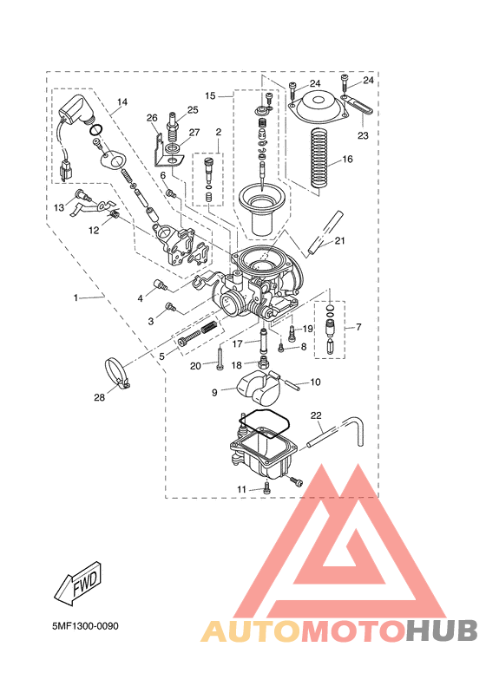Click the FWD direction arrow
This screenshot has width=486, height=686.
79,583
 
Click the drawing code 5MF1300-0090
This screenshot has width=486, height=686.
85,626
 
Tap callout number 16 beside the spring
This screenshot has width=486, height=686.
347,159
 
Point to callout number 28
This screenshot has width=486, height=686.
100,397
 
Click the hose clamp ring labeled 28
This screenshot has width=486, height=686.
117,371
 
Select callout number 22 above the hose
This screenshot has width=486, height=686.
316,415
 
